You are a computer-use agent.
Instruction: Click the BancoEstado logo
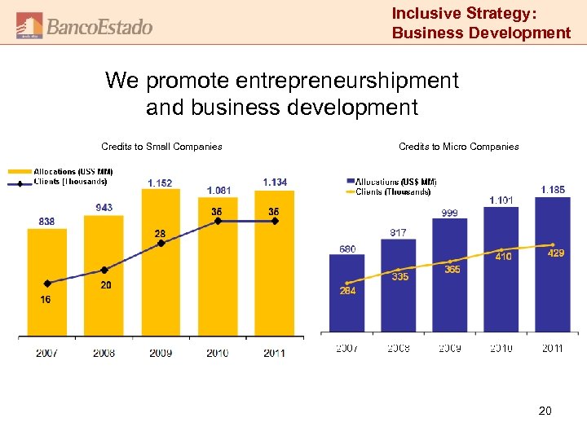84,25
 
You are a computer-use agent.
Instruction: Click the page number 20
545,411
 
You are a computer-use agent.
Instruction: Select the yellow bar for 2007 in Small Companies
47,281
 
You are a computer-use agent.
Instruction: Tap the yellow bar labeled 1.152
161,261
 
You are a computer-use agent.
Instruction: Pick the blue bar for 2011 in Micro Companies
552,265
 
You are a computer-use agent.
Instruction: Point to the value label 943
104,208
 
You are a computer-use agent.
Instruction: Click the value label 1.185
552,190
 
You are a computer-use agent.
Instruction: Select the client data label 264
347,291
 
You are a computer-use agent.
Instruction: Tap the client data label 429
555,254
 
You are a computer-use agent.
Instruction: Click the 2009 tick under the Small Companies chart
161,353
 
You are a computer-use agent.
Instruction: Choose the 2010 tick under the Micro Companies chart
501,348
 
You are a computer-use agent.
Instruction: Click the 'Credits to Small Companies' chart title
161,147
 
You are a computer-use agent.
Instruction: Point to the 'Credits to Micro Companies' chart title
458,147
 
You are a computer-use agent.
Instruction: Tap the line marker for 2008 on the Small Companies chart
104,270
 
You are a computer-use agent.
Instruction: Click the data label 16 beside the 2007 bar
46,300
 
